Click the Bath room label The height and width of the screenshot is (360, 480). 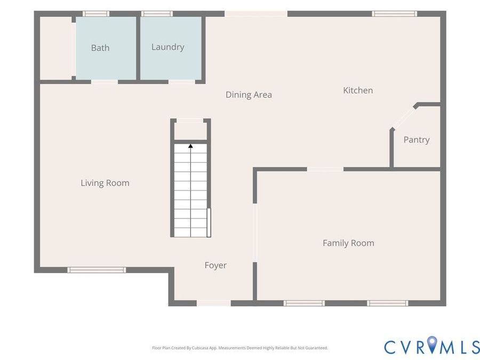tap(100, 48)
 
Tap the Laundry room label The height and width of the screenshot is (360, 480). tap(168, 47)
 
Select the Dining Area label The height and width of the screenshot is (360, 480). tap(249, 95)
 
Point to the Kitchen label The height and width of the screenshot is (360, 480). tap(358, 90)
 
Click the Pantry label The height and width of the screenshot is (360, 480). tap(417, 140)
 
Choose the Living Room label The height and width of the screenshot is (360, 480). tap(105, 183)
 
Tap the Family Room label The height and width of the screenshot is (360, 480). tap(348, 243)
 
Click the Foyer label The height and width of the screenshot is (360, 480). tap(215, 266)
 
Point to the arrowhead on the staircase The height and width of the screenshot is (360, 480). tap(190, 146)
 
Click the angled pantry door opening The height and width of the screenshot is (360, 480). tap(404, 117)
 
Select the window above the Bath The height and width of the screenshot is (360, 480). tap(96, 14)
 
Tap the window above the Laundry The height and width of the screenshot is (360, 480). tap(157, 14)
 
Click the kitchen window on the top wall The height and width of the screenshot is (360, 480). tap(394, 14)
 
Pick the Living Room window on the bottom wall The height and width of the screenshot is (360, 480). tap(97, 270)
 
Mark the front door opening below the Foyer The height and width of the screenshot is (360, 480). tap(213, 303)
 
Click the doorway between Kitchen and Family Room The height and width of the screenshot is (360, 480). tap(325, 169)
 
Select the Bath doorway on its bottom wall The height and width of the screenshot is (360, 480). tap(105, 82)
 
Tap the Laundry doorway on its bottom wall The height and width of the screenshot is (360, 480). tap(181, 82)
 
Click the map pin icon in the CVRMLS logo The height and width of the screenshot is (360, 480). tap(432, 344)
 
